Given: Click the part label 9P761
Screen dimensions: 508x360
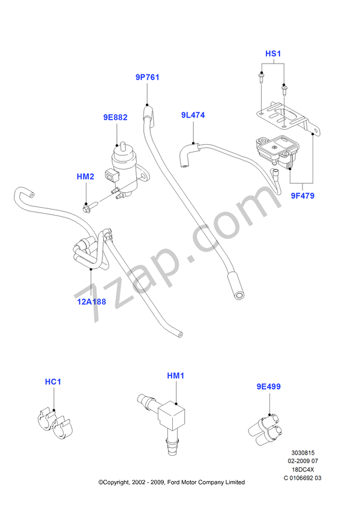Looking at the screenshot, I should click(x=147, y=77).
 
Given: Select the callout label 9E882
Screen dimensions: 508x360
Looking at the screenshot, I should click(x=115, y=118).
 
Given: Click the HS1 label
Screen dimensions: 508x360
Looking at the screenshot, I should click(x=274, y=54).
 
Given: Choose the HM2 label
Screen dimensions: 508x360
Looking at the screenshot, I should click(x=86, y=177).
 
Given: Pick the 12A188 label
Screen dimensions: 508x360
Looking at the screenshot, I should click(x=91, y=301).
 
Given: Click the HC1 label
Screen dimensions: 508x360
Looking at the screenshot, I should click(x=53, y=381).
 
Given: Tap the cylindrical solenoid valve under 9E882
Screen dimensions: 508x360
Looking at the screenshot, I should click(x=124, y=163).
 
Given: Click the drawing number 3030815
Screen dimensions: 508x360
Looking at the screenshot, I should click(x=303, y=454).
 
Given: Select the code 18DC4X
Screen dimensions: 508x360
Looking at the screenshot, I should click(x=303, y=470).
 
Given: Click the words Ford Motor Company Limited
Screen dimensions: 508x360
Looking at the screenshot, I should click(x=207, y=482).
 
